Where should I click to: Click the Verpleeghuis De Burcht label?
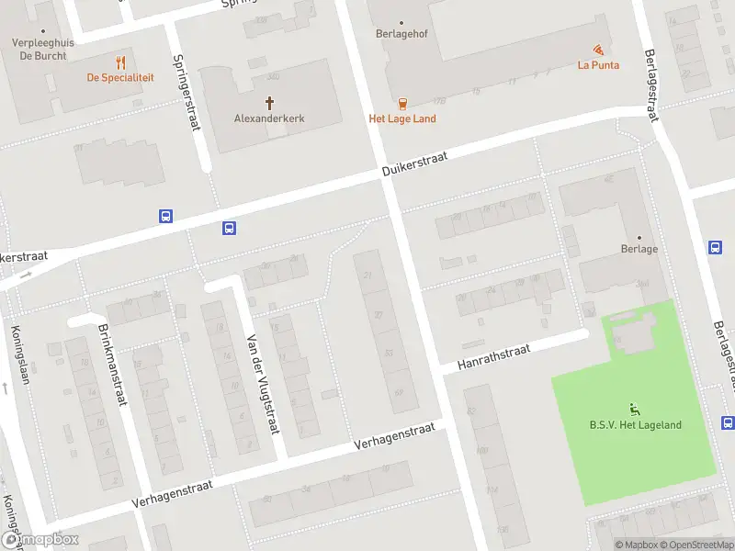42,49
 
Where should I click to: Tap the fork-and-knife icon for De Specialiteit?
120,62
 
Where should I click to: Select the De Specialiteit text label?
120,78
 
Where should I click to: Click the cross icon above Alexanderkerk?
270,103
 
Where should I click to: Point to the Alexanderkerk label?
269,118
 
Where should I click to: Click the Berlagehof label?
401,35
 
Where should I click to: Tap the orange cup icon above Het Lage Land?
402,103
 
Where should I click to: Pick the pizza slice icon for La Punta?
598,49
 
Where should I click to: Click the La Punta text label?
598,65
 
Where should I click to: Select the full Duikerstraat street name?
415,166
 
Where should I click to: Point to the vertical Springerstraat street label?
187,92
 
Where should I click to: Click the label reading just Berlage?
639,249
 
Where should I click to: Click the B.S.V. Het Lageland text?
635,424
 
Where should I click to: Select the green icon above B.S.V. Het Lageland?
635,408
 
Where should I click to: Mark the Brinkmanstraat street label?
111,365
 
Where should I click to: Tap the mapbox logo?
40,540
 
